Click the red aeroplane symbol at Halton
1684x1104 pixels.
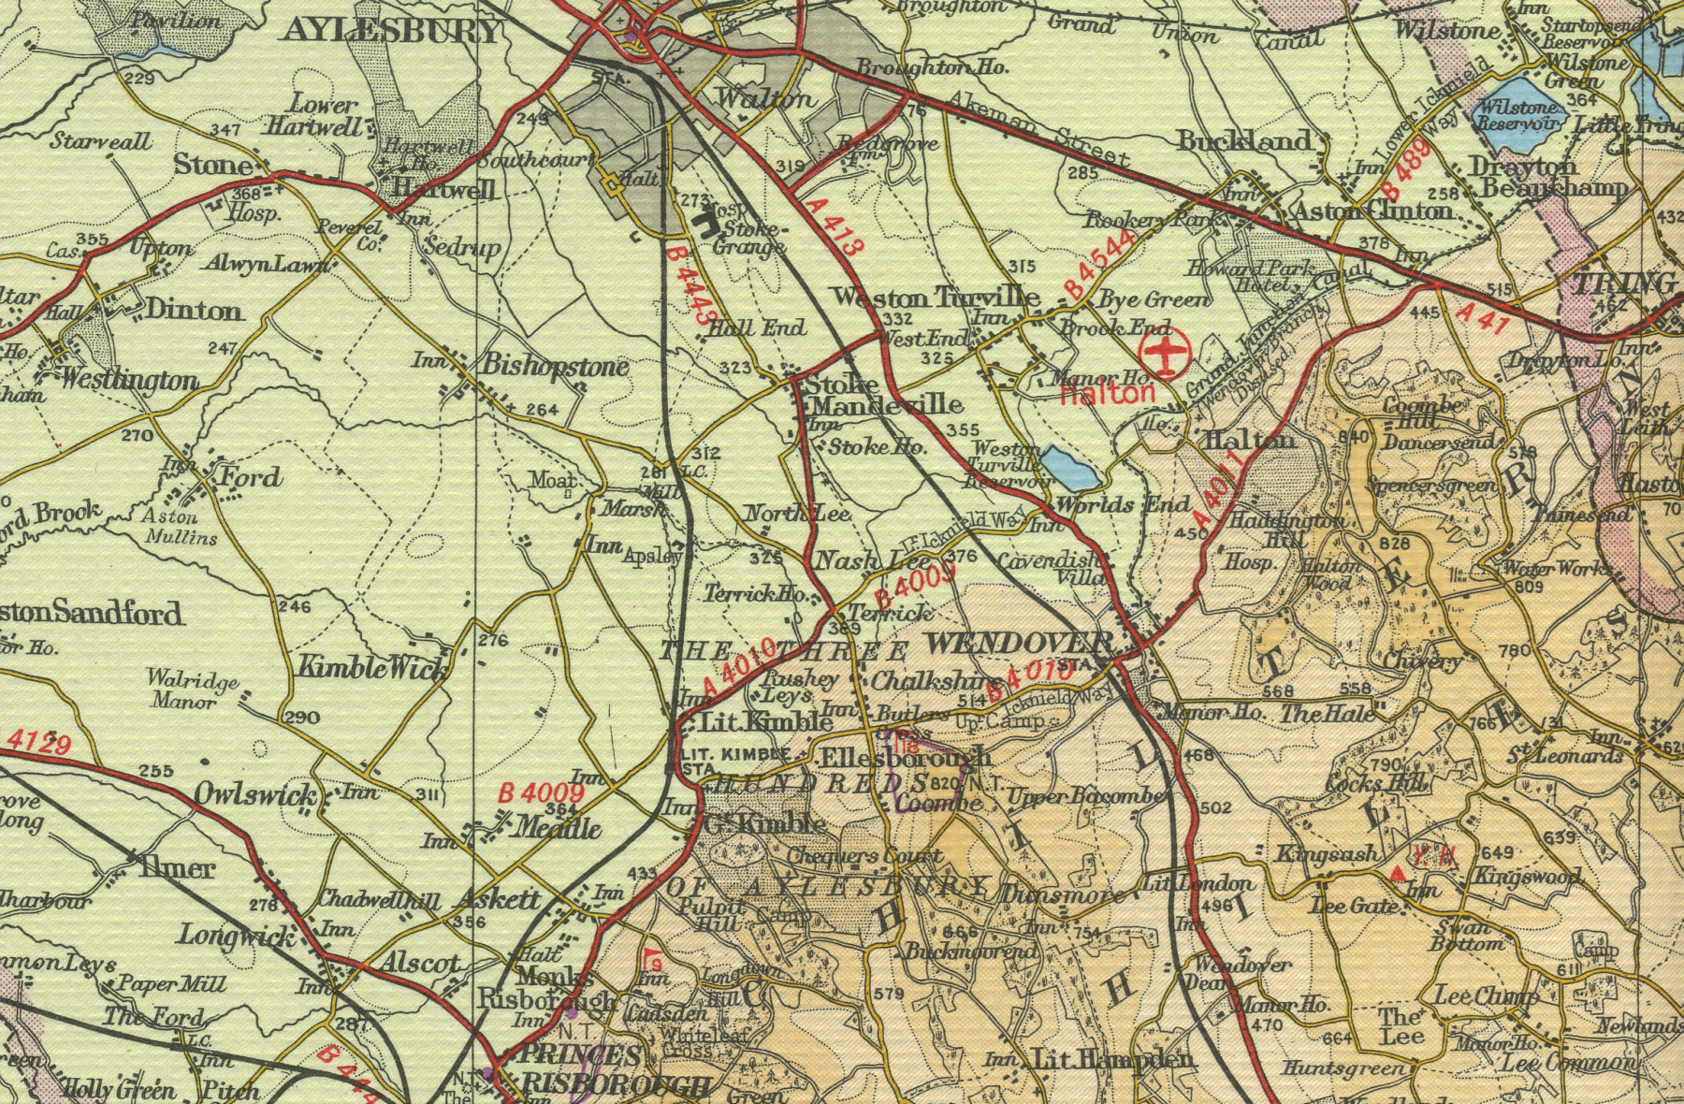tap(1165, 355)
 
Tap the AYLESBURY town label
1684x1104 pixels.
tap(391, 30)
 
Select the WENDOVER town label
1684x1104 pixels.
tap(1018, 644)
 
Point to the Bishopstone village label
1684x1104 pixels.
tap(555, 366)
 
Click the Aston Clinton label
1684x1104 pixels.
tap(1372, 211)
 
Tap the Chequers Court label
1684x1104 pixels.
tap(864, 855)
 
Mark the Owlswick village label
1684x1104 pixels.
tap(255, 795)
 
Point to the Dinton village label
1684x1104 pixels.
tap(194, 310)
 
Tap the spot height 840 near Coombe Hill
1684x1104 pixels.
tap(1355, 437)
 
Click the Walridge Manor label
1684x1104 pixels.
tap(193, 690)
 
